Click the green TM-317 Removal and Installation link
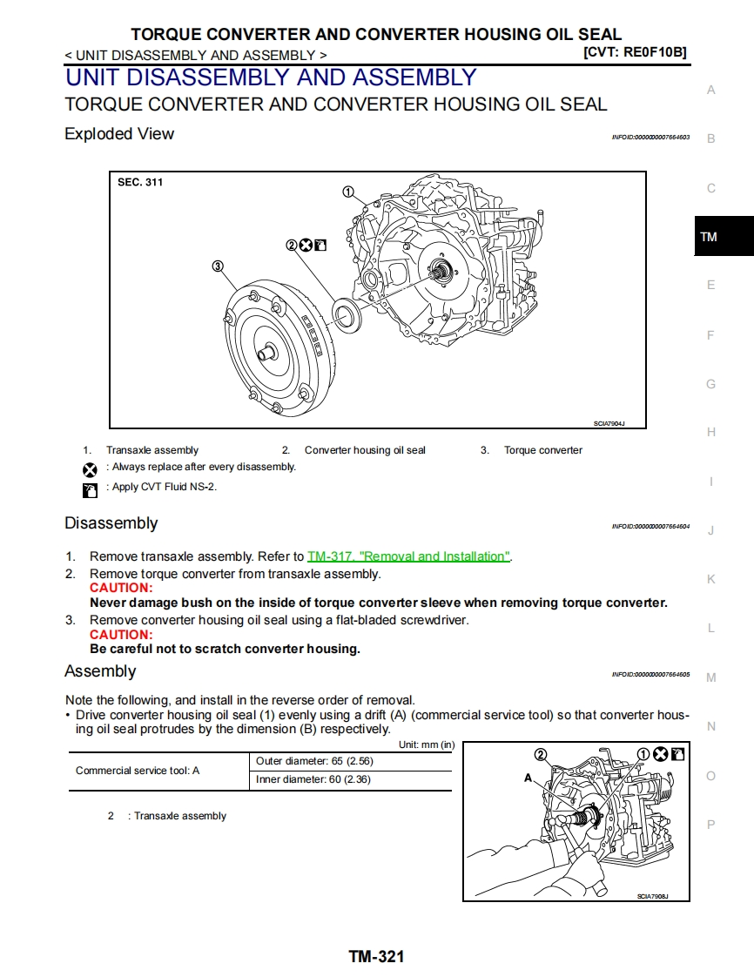point(408,556)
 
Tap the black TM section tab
point(723,236)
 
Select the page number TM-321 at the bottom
point(376,956)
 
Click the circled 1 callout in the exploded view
point(348,192)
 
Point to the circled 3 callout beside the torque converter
point(218,266)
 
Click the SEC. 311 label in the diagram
point(140,183)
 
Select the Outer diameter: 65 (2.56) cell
point(314,761)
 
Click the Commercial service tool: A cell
point(138,771)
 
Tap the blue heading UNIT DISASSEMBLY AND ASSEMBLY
point(271,77)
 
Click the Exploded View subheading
point(119,134)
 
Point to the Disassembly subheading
point(111,523)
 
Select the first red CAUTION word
point(121,588)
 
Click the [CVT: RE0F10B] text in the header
point(634,52)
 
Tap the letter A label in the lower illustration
point(528,778)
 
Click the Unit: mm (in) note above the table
point(426,745)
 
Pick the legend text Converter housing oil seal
point(365,450)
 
